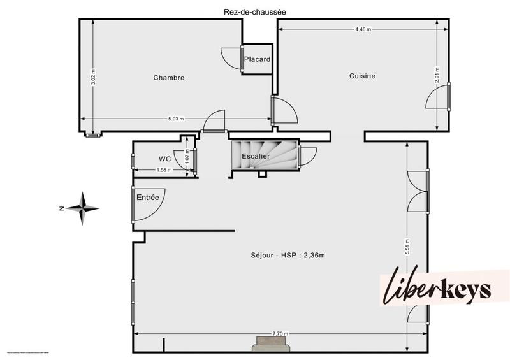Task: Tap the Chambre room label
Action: point(169,78)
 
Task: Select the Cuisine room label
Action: point(362,76)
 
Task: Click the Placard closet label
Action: point(258,60)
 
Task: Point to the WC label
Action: point(164,159)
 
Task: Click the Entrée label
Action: point(147,198)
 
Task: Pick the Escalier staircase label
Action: point(256,156)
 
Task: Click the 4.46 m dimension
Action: point(363,29)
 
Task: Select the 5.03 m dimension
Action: point(176,119)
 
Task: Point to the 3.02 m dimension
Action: point(93,78)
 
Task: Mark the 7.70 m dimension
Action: point(280,334)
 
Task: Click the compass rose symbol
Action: point(83,208)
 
